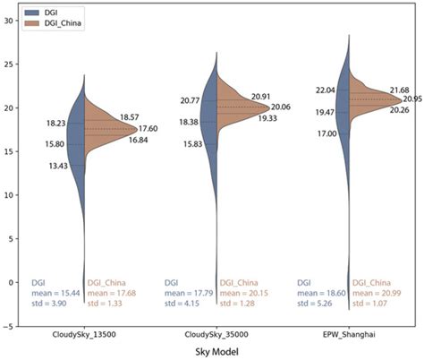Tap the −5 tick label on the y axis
10,326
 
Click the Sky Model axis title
217,353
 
